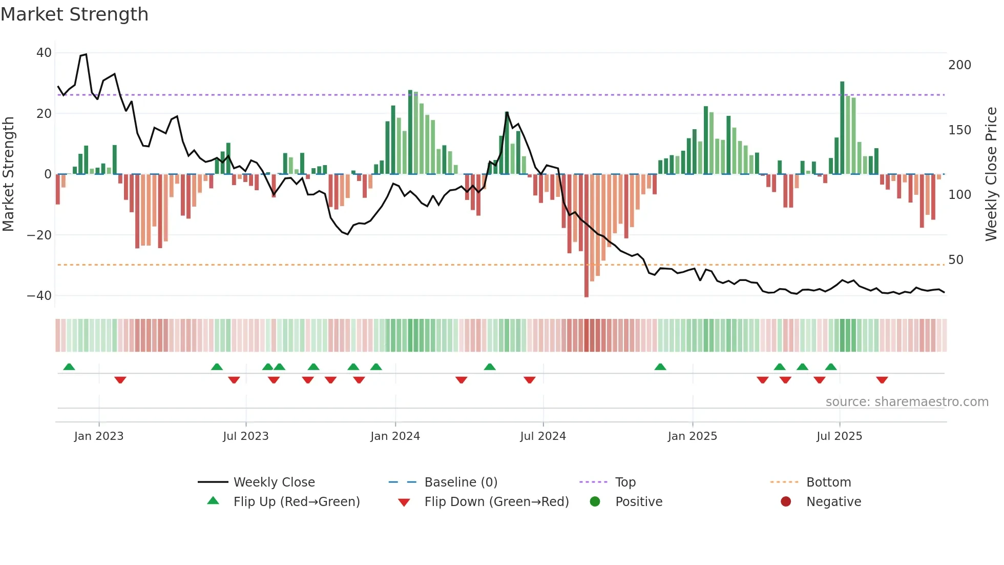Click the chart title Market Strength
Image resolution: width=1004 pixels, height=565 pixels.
[x=74, y=14]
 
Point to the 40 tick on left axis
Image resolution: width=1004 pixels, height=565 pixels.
[x=44, y=53]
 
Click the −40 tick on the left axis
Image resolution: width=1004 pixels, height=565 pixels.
[x=39, y=295]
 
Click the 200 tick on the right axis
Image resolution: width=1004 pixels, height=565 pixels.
[x=959, y=65]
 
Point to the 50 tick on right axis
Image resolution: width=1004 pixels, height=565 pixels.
[x=956, y=259]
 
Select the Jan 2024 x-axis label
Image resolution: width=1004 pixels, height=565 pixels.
[x=395, y=436]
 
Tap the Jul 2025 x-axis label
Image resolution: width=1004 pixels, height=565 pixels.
[x=839, y=436]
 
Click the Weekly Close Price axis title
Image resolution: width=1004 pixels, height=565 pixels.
[x=991, y=174]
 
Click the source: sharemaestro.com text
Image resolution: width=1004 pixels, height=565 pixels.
[x=907, y=402]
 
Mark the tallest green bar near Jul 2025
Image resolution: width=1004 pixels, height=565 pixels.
[x=842, y=128]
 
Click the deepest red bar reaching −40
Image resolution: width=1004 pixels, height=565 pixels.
[x=587, y=236]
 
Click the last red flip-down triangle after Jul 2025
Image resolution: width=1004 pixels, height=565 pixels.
[x=882, y=380]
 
